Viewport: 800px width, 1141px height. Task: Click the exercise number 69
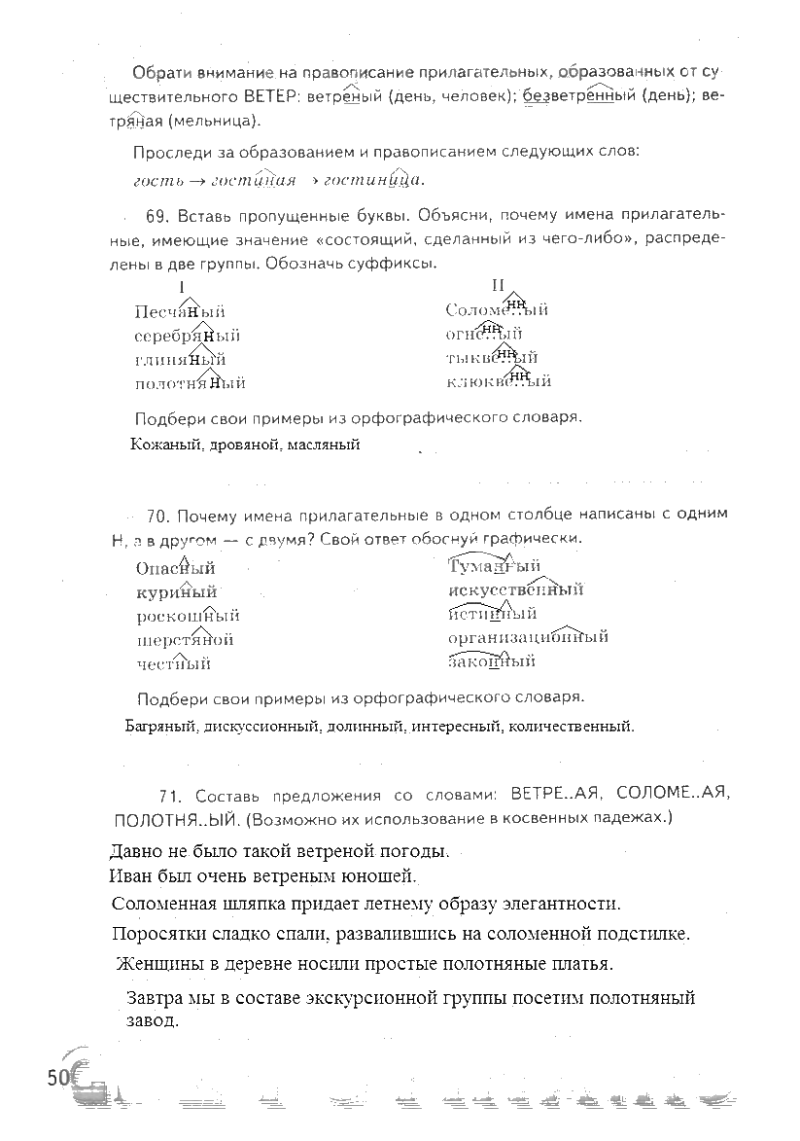158,215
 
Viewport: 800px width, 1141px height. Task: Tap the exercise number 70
158,514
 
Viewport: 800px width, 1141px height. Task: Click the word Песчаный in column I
179,311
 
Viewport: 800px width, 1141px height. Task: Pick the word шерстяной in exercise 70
185,640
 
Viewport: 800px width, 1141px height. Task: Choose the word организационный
528,637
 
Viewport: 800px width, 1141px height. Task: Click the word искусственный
515,589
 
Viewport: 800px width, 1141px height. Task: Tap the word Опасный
175,568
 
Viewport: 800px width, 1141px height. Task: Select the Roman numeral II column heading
498,285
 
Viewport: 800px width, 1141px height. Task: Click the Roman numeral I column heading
182,287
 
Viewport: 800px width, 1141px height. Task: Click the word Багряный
162,726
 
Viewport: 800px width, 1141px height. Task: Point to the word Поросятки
158,934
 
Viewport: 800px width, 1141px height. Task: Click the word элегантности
553,904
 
